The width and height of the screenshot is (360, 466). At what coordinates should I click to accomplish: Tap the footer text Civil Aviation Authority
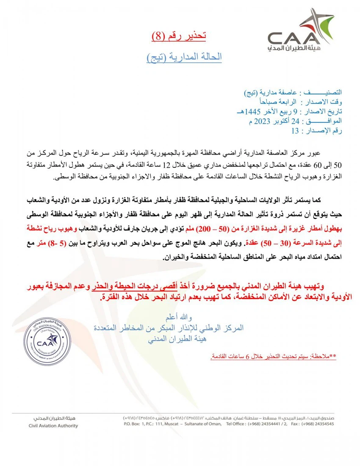pyautogui.click(x=53, y=426)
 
